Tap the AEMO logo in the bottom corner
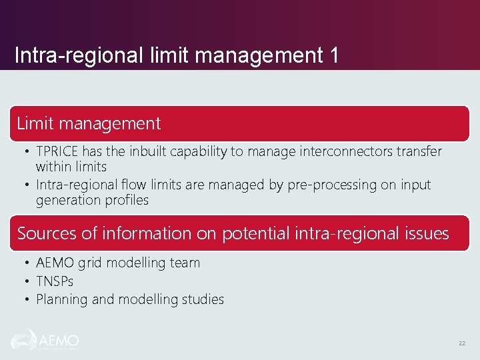coord(45,341)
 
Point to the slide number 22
coord(461,343)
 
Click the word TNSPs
coord(55,281)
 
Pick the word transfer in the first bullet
coord(416,152)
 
